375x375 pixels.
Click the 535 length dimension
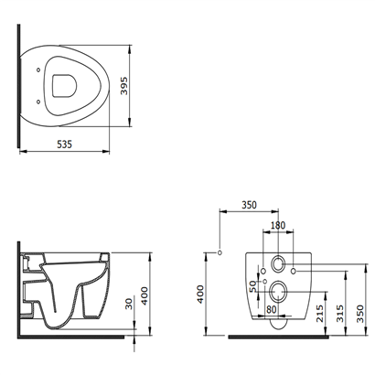tap(65, 144)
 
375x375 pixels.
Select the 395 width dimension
tap(124, 86)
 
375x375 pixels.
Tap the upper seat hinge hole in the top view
tap(38, 70)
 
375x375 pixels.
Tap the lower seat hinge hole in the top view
tap(38, 102)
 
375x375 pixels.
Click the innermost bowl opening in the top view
tap(64, 86)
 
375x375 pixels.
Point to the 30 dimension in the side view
tap(130, 304)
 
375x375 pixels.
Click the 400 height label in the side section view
tap(145, 295)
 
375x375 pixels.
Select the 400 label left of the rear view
tap(200, 294)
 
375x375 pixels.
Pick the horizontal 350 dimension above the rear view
tap(250, 205)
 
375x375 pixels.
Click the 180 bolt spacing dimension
tap(278, 225)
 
